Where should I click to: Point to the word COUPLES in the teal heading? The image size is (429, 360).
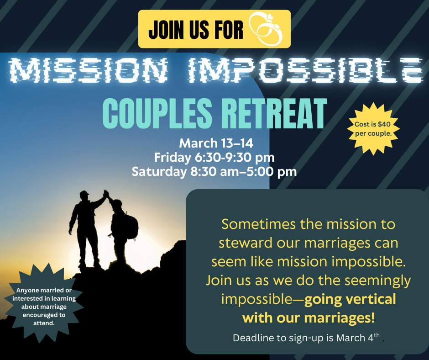pyautogui.click(x=157, y=113)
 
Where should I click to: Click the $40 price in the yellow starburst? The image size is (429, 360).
pyautogui.click(x=384, y=124)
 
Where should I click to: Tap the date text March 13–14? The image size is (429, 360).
pyautogui.click(x=216, y=143)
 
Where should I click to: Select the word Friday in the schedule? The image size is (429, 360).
pyautogui.click(x=173, y=158)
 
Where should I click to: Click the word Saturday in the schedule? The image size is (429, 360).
pyautogui.click(x=159, y=172)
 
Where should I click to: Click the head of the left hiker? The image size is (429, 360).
pyautogui.click(x=84, y=196)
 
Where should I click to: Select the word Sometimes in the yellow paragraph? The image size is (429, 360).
pyautogui.click(x=259, y=224)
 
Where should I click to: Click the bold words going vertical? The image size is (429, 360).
pyautogui.click(x=350, y=299)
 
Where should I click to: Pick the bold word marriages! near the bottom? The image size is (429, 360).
pyautogui.click(x=339, y=318)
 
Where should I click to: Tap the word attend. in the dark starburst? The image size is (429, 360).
pyautogui.click(x=44, y=323)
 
